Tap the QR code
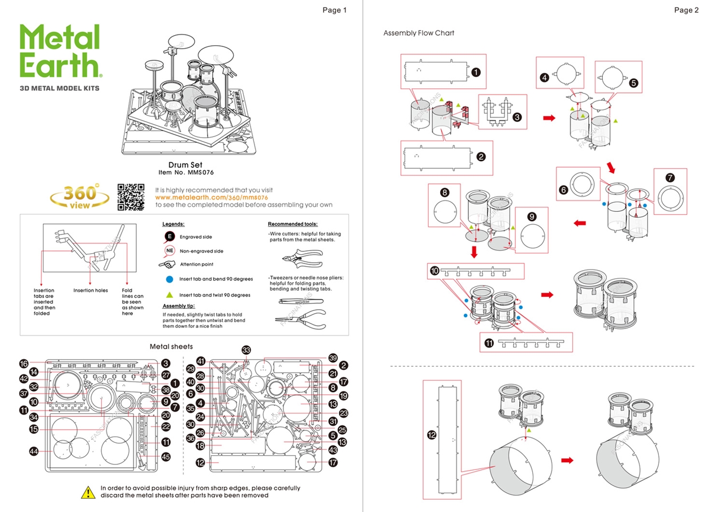(x=131, y=197)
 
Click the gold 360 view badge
(x=80, y=197)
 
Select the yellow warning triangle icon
(x=88, y=492)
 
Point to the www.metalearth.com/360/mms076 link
(x=211, y=198)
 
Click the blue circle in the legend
(x=169, y=279)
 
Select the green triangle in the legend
(x=169, y=295)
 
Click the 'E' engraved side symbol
(x=169, y=237)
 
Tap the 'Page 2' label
(x=686, y=10)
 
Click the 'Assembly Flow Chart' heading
(x=419, y=33)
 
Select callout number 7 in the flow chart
(x=670, y=178)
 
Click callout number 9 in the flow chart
(x=531, y=217)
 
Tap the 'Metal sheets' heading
(x=171, y=346)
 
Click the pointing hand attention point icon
(x=168, y=264)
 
